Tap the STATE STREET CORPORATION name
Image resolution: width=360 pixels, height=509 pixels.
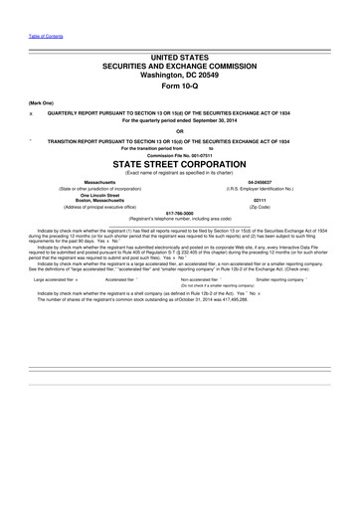tap(179, 163)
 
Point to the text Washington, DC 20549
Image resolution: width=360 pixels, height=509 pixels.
tap(179, 74)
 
